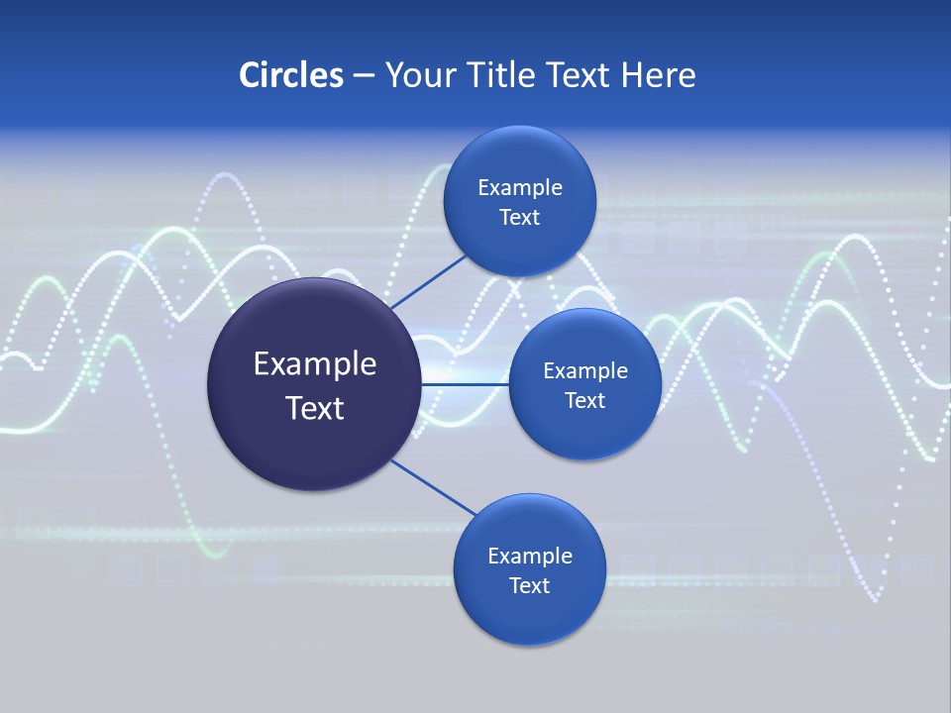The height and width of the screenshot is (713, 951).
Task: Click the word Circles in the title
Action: [x=290, y=75]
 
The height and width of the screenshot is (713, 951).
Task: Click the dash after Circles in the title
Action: [x=364, y=76]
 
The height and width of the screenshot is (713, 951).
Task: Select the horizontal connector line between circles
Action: [x=466, y=384]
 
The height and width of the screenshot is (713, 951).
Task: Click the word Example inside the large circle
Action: [x=315, y=364]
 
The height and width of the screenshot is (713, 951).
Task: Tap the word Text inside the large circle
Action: [x=315, y=408]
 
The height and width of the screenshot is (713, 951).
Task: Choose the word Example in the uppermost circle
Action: [x=520, y=188]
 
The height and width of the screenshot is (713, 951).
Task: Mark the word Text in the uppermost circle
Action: [x=520, y=218]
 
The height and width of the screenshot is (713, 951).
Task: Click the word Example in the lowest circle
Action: [x=530, y=557]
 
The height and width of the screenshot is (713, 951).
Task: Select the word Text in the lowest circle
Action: [x=530, y=586]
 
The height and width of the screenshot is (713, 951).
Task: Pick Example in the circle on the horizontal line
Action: [x=585, y=371]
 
